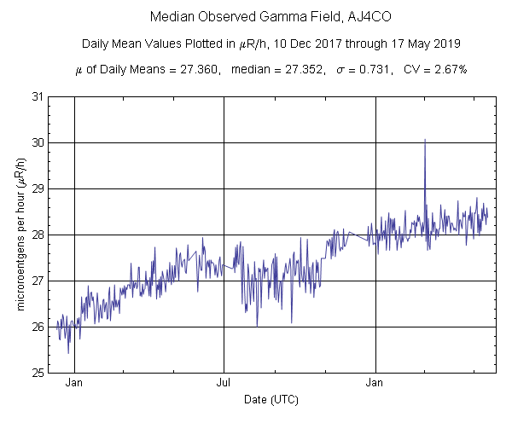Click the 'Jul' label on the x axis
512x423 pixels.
[224, 384]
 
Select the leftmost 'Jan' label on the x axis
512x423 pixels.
[74, 384]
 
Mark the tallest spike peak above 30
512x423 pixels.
[424, 139]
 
